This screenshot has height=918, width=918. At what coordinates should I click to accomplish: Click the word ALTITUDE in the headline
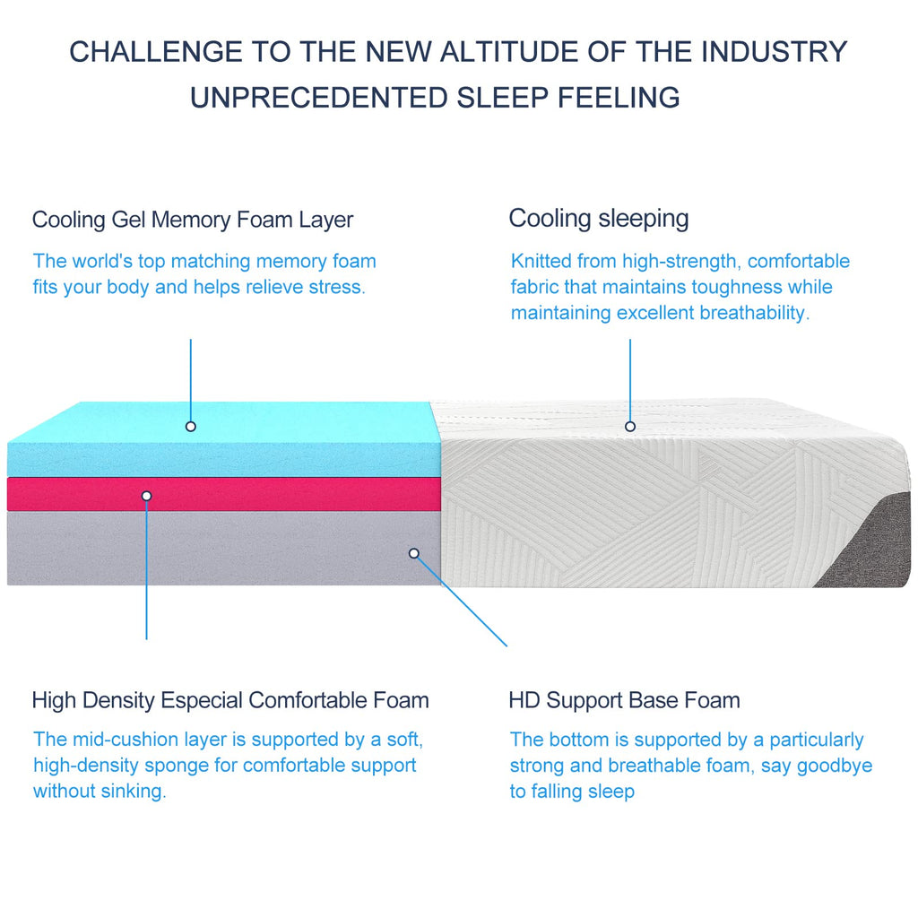tap(509, 51)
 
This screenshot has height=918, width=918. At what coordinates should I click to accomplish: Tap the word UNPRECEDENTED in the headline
tap(319, 97)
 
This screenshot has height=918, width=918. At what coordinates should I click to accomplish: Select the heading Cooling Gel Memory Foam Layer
tap(193, 220)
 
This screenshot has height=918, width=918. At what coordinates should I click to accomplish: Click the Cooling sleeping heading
tap(598, 219)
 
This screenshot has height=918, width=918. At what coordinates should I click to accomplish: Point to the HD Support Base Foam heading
tap(624, 699)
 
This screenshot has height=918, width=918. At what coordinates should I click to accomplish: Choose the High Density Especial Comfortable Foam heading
tap(230, 700)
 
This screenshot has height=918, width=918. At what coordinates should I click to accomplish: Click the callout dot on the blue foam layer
tap(190, 426)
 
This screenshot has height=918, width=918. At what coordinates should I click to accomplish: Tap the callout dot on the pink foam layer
tap(146, 496)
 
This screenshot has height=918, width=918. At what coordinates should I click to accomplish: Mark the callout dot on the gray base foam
tap(414, 553)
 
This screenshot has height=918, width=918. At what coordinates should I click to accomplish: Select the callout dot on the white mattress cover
tap(630, 426)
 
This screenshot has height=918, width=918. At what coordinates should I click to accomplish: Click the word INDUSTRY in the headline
tap(775, 51)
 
